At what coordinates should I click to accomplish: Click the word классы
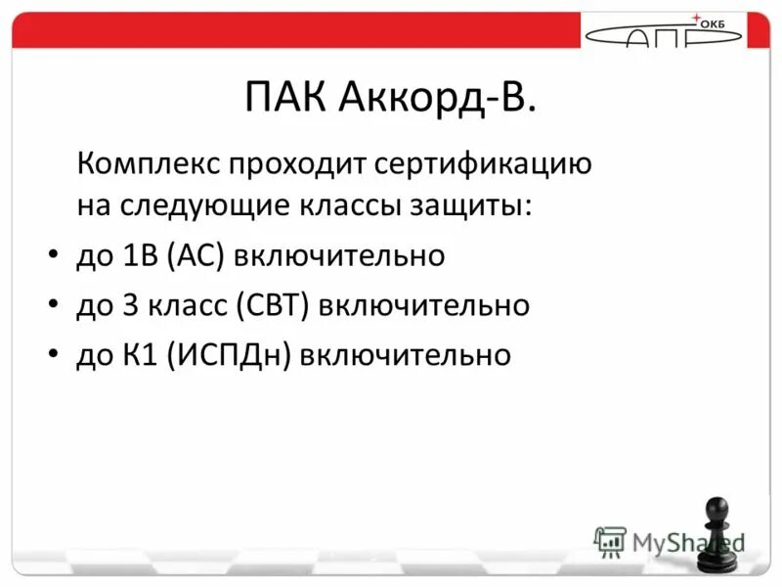point(339,207)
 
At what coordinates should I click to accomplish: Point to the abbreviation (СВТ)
point(274,305)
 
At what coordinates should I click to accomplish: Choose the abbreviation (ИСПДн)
point(231,354)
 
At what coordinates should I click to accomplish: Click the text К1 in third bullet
point(143,354)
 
